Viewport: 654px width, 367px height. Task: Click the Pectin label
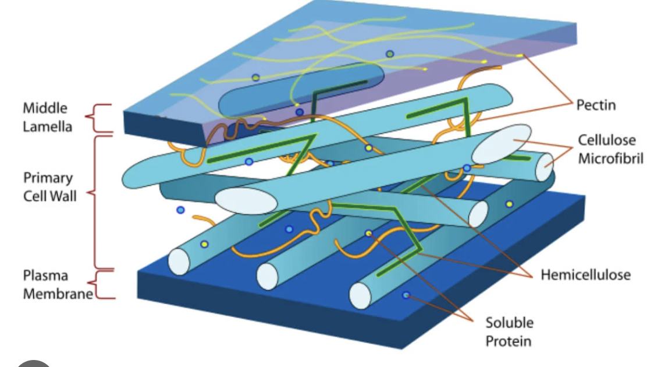tap(595, 105)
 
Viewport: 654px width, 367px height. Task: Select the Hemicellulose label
tap(585, 274)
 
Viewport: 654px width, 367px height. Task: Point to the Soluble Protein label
tap(509, 331)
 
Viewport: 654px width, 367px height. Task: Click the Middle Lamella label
tap(47, 117)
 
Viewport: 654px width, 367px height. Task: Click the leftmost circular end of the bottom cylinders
tap(179, 260)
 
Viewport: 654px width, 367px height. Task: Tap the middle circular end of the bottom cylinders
tap(267, 276)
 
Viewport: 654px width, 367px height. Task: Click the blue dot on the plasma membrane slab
tap(406, 295)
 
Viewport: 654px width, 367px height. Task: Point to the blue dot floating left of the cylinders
tap(180, 210)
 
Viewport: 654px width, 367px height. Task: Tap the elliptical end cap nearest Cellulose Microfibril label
tap(501, 144)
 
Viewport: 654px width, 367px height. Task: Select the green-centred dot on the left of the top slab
tap(255, 77)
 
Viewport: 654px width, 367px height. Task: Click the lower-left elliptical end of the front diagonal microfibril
tap(246, 201)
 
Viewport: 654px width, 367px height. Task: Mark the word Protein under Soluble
tap(509, 340)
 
